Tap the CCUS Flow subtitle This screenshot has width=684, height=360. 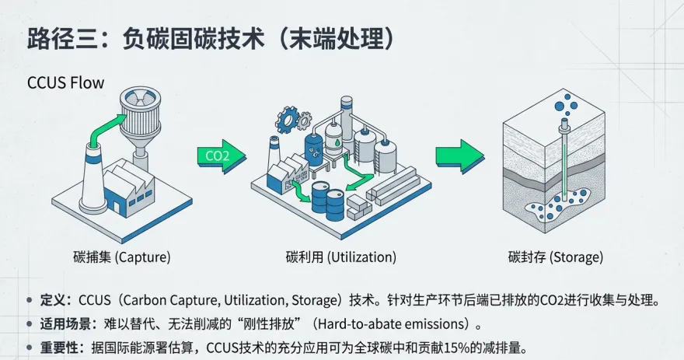coord(65,82)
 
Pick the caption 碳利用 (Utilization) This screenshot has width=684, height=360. coord(340,257)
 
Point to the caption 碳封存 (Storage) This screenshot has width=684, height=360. coord(555,257)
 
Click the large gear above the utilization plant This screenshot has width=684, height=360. coord(288,119)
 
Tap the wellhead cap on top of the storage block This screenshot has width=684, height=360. coord(561,124)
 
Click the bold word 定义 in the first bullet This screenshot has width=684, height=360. coord(54,300)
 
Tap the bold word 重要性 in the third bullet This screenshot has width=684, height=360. coord(60,346)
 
